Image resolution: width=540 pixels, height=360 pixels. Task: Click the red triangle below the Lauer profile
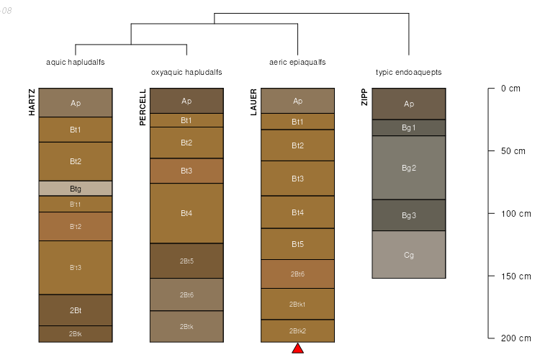point(297,349)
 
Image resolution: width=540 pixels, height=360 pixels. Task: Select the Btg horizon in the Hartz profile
point(76,189)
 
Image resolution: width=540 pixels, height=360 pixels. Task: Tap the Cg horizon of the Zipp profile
point(409,255)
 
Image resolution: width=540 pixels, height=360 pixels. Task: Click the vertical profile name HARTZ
point(32,102)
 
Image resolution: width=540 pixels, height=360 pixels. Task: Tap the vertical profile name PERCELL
point(143,107)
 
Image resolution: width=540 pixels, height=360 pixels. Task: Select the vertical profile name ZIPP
point(364,97)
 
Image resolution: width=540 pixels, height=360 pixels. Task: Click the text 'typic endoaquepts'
point(408,73)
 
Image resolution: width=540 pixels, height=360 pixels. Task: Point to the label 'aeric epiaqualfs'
point(297,63)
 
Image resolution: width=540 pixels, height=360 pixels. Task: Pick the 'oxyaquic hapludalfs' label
point(186,73)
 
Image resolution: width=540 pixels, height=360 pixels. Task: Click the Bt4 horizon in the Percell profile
point(186,213)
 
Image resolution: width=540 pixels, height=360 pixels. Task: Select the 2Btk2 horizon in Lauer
point(297,331)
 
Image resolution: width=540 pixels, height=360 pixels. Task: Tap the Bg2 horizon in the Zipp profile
point(409,168)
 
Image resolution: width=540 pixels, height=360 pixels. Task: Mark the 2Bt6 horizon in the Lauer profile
point(297,274)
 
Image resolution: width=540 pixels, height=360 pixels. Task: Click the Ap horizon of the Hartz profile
point(76,103)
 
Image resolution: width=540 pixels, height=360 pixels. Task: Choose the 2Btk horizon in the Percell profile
point(186,326)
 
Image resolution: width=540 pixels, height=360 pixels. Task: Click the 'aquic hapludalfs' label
point(76,63)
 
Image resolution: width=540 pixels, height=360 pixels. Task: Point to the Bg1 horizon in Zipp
point(409,127)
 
